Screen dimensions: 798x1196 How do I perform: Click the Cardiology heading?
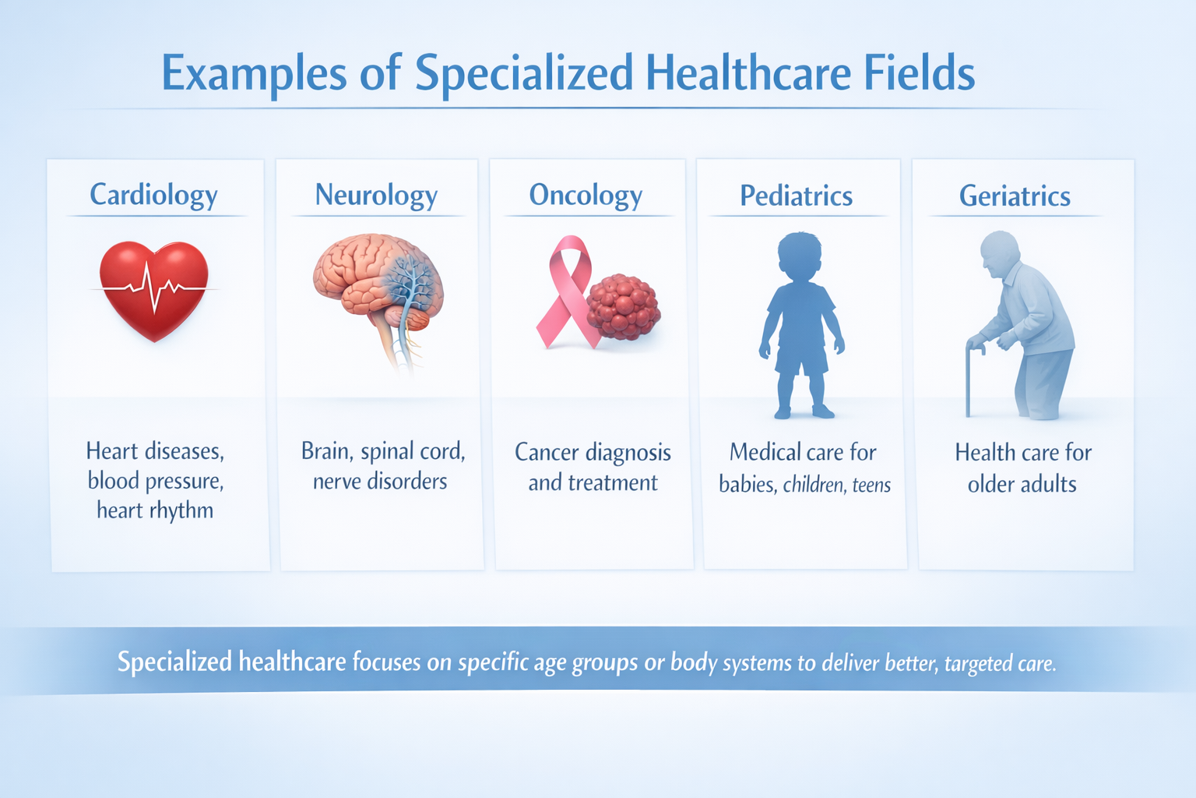(153, 195)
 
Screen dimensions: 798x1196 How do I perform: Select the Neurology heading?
(376, 195)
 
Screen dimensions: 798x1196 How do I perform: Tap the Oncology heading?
(586, 195)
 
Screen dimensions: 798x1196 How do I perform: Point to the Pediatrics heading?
(796, 196)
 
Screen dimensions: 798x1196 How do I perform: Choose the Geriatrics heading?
(1015, 196)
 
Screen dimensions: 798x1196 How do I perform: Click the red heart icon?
(154, 288)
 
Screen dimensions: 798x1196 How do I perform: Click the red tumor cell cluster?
(624, 307)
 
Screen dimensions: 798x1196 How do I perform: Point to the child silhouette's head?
(799, 254)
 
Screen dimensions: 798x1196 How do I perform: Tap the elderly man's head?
(999, 252)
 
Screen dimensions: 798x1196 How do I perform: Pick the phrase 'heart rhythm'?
(155, 510)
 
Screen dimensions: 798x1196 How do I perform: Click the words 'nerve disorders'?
(380, 482)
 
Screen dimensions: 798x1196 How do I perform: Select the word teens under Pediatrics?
(871, 486)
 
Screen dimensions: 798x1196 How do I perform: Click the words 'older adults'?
(1022, 485)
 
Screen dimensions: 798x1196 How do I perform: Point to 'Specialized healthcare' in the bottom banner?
(231, 662)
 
